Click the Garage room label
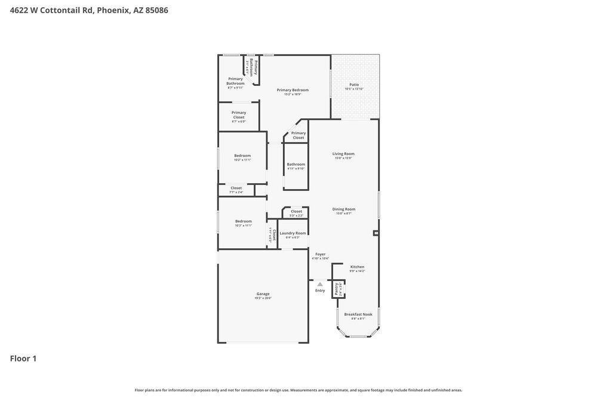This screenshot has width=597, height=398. (x=263, y=294)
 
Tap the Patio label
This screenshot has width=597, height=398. (x=354, y=85)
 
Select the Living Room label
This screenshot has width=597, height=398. (x=343, y=155)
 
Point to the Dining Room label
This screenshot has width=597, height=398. (x=343, y=210)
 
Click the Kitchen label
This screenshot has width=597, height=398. (x=357, y=267)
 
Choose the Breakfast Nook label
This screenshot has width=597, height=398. (x=358, y=315)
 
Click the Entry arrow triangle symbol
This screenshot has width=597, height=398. (x=320, y=284)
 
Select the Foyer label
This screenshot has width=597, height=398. (x=321, y=255)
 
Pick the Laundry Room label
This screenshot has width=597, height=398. (x=293, y=234)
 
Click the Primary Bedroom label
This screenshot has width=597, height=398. (x=293, y=91)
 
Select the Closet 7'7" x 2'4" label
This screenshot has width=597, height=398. (x=236, y=189)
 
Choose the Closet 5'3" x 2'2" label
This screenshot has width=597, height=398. (x=296, y=212)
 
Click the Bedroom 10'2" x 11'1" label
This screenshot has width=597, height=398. (x=242, y=156)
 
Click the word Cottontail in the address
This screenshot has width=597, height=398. (x=60, y=10)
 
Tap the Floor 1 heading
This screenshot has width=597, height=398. (x=23, y=358)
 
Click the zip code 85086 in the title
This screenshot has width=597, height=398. (x=157, y=10)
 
